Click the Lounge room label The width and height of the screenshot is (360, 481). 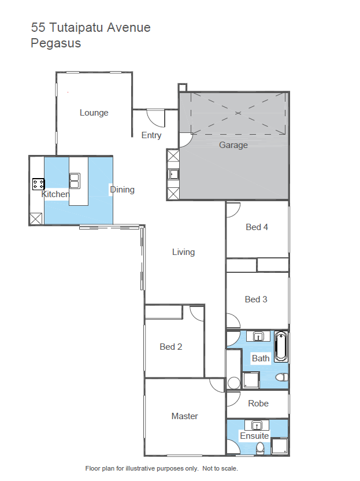pos(94,113)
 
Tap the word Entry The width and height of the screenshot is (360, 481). pos(151,135)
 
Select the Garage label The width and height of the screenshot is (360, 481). pos(233,145)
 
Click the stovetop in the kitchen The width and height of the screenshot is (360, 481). pos(39,184)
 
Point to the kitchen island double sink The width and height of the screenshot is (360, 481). pos(75,181)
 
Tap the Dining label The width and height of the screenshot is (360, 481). pos(122,190)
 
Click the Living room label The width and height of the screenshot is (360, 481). pos(183,252)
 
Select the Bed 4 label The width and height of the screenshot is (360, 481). pos(257,227)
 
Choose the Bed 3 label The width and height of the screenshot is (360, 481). pos(256,299)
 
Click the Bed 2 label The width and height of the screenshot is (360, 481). pos(171,347)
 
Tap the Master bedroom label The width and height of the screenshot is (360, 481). pos(184,416)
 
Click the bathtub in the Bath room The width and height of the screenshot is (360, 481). pos(281,346)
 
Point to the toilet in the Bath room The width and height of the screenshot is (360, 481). pos(282,377)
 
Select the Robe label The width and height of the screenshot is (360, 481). pos(258,404)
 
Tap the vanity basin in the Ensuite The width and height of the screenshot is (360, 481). pos(257,425)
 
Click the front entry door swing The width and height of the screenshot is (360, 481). pos(156,118)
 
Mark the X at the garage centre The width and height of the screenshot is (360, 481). pos(238,113)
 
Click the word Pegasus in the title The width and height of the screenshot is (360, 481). pos(56,43)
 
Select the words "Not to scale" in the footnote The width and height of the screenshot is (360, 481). pos(220,468)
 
